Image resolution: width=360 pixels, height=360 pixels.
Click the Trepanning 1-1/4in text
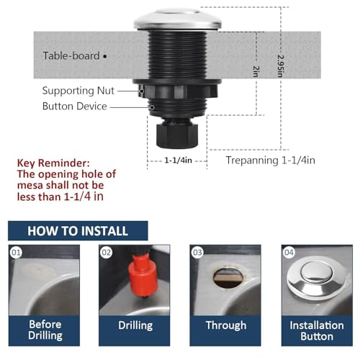(270, 160)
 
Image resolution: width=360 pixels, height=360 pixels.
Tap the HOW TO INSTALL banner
(78, 231)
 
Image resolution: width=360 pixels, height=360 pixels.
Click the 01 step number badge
(17, 252)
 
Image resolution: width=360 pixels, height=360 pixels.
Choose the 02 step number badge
(106, 252)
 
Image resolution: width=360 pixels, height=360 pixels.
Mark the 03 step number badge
(197, 252)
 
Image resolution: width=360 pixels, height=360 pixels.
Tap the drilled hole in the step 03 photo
(229, 279)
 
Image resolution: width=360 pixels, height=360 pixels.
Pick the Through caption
(225, 325)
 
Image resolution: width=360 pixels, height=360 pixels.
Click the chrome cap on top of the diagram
(177, 18)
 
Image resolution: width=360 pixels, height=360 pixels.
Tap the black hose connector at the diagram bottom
(177, 133)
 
